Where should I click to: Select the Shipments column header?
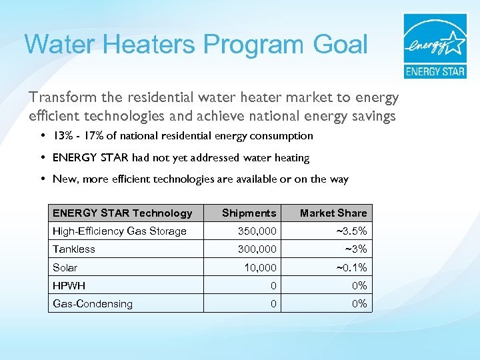coord(248,213)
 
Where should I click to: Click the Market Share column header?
coord(333,213)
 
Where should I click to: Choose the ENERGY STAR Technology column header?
coord(122,213)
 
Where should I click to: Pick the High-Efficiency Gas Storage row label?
coord(119,231)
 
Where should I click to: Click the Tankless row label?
coord(74,249)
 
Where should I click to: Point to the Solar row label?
coord(65,267)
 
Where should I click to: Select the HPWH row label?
coord(69,285)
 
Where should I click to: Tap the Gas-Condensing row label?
coord(93,303)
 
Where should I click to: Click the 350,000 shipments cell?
coord(257,231)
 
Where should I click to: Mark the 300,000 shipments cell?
coord(257,249)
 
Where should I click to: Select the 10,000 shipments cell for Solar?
coord(260,267)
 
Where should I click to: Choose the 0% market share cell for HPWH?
coord(359,285)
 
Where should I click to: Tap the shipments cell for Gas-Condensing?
coord(273,303)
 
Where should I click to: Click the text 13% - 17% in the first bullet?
coord(76,136)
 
